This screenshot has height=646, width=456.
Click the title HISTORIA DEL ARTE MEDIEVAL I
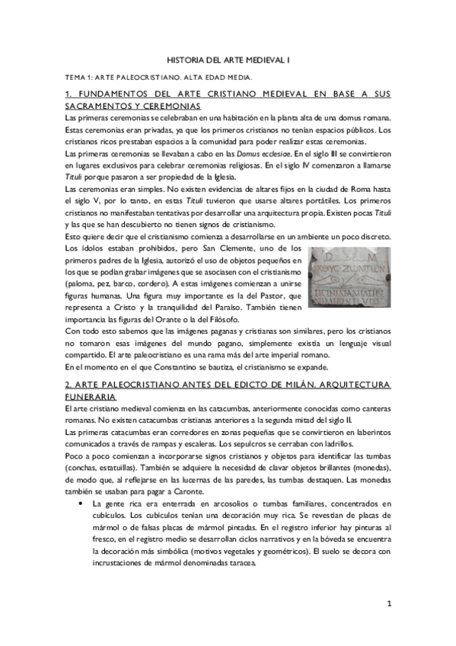[228, 59]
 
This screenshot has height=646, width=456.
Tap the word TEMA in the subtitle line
[75, 78]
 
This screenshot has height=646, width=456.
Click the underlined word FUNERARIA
[91, 398]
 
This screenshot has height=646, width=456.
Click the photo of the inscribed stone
[349, 277]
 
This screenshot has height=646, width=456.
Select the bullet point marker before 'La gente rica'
[81, 504]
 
